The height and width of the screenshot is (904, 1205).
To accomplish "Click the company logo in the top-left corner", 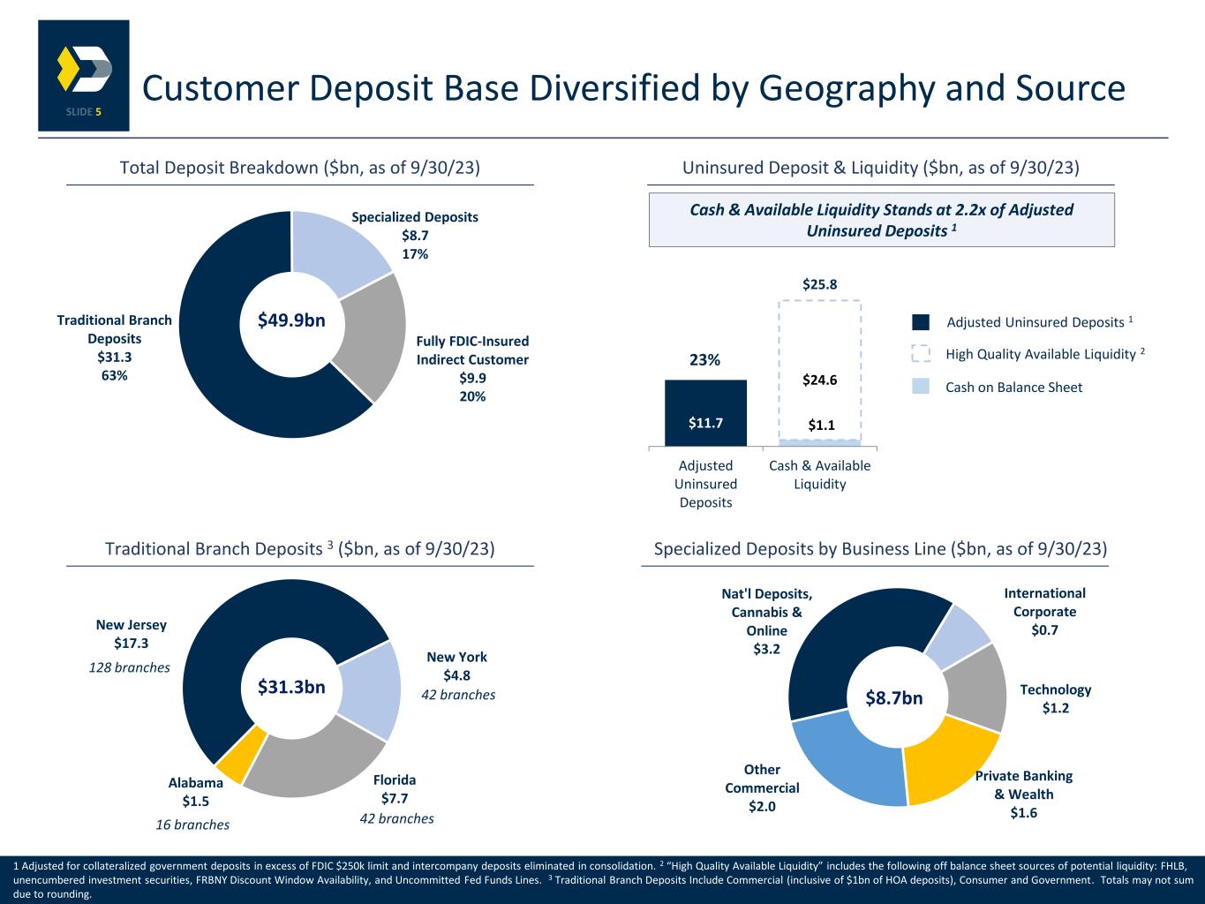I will click(84, 75).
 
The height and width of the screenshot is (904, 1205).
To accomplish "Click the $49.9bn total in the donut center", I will click(291, 321).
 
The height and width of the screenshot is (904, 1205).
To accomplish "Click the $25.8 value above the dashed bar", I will click(819, 284).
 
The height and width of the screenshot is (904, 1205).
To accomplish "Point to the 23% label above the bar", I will click(705, 360).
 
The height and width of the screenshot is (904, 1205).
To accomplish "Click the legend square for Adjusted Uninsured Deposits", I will click(921, 322).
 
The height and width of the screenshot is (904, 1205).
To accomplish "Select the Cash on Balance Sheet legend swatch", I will click(921, 387).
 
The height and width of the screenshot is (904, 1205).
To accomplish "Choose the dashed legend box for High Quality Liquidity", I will click(921, 354).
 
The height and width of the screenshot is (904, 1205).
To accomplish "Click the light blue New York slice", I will click(369, 689).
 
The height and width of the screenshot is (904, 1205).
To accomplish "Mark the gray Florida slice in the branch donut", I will click(313, 759).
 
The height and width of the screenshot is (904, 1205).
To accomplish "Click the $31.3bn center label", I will click(291, 687).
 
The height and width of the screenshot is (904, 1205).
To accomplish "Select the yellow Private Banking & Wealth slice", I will click(946, 760).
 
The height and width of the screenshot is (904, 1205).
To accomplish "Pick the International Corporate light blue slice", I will click(957, 635).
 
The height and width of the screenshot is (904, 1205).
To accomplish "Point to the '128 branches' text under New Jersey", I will click(130, 668).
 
